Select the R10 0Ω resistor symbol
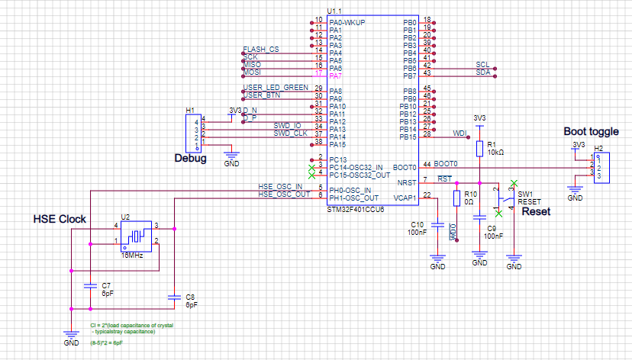456,198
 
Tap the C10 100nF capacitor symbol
437,225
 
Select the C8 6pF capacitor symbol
175,296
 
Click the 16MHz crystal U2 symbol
137,234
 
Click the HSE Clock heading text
59,220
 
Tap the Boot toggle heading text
592,131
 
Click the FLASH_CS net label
261,50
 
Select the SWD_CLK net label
289,133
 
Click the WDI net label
459,133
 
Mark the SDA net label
482,72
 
